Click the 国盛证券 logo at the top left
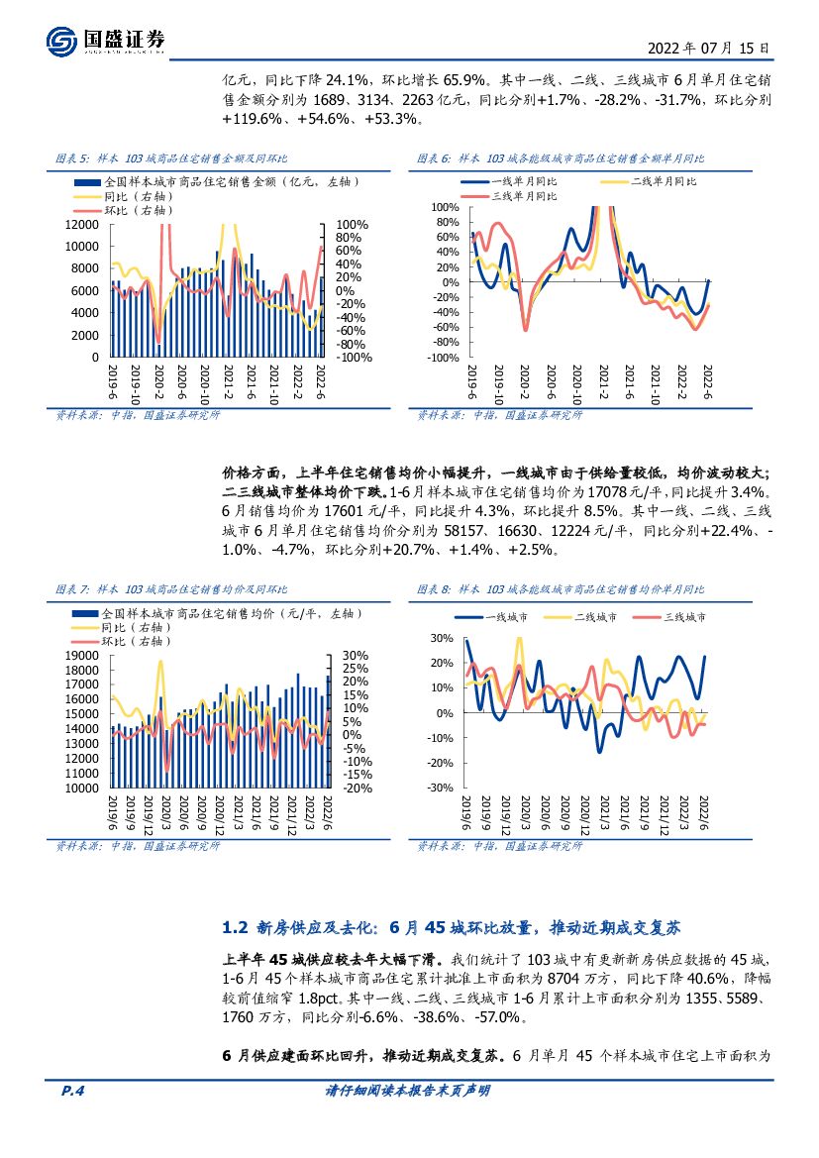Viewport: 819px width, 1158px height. coord(105,40)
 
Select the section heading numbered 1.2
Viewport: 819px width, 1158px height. coord(451,928)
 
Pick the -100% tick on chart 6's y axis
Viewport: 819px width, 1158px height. coord(443,358)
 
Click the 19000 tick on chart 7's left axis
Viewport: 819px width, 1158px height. coord(81,656)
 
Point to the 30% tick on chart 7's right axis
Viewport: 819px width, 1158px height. coord(355,656)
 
